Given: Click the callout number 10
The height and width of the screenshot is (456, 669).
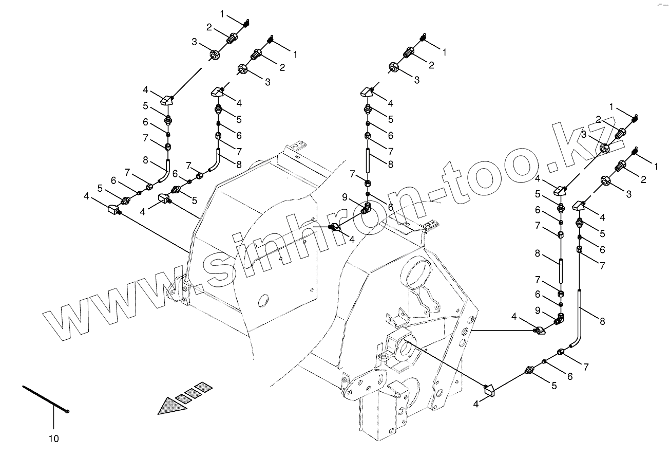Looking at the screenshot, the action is coord(54,439).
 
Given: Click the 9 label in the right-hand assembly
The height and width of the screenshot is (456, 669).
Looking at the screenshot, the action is coord(538,310).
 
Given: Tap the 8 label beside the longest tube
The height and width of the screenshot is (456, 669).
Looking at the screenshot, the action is coord(602,321).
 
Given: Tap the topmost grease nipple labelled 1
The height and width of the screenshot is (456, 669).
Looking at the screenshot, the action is coord(246,23).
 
